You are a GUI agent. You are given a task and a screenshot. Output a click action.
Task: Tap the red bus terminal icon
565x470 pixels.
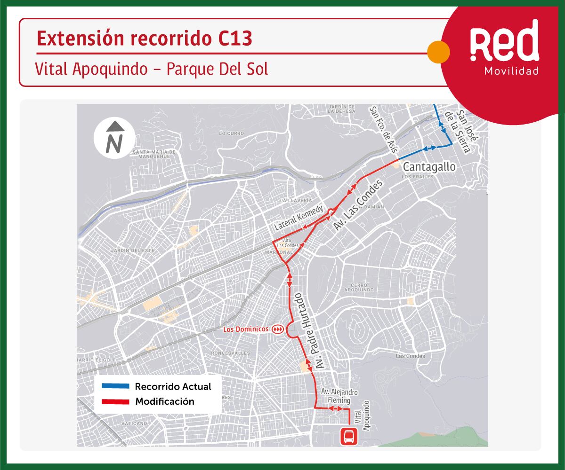[349, 438]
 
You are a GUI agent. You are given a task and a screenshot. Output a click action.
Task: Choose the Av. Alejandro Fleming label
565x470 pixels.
[336, 396]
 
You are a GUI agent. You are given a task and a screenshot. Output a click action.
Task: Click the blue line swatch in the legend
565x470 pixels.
[115, 387]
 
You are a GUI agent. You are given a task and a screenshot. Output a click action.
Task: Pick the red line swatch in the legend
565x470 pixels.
[115, 402]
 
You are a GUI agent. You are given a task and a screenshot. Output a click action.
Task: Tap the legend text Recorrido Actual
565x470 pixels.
[173, 387]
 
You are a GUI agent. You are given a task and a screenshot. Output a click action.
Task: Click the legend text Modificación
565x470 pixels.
[164, 402]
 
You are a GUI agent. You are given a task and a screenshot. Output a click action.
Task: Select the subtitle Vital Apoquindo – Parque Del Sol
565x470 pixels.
[152, 69]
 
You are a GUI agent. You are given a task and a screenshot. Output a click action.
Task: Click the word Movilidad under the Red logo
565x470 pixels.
[511, 71]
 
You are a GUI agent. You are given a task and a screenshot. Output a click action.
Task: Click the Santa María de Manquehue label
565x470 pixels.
[154, 154]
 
